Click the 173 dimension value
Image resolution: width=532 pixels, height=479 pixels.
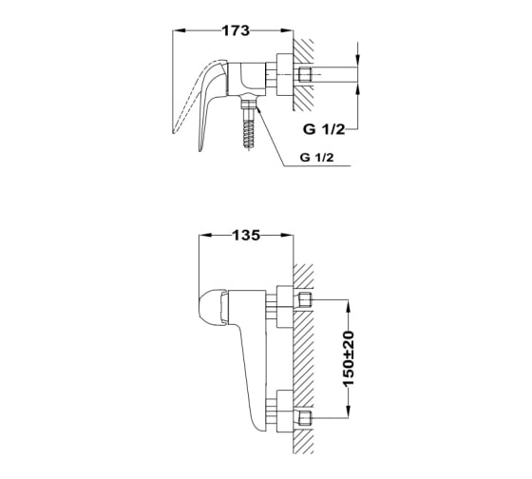point(236,31)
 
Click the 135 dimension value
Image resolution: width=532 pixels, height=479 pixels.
point(246,236)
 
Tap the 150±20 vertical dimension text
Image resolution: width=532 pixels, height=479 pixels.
point(349,359)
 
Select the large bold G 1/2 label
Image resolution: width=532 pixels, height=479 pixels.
point(324,129)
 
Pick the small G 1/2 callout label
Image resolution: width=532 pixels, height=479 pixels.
point(317,158)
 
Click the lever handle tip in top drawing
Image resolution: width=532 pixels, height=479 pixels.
point(200,148)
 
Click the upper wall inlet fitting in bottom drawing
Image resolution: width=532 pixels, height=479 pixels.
point(304,300)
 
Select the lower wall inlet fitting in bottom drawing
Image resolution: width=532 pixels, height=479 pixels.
point(304,417)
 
